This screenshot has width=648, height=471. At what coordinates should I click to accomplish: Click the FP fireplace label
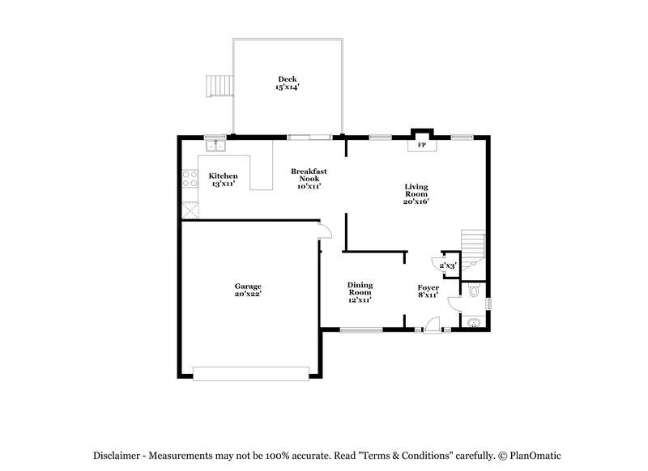[x=420, y=146]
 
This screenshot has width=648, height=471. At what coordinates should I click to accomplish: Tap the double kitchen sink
[x=215, y=146]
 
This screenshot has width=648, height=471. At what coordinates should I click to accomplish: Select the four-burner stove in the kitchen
[x=190, y=178]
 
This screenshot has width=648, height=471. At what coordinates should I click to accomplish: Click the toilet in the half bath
[x=475, y=290]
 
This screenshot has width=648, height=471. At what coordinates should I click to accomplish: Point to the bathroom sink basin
[x=474, y=323]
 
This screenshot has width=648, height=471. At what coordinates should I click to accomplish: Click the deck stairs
[x=220, y=83]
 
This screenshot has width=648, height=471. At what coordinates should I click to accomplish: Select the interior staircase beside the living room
[x=473, y=244]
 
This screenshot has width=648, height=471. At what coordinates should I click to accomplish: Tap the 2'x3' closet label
[x=448, y=265]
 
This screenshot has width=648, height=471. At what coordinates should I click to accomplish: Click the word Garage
[x=248, y=286]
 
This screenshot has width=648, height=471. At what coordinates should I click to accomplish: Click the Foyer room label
[x=428, y=288]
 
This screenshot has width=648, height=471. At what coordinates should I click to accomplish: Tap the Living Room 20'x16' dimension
[x=416, y=202]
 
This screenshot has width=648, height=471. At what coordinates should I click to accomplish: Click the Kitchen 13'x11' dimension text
[x=223, y=185]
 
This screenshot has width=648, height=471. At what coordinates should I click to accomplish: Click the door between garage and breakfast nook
[x=325, y=232]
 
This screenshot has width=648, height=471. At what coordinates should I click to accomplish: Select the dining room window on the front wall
[x=360, y=329]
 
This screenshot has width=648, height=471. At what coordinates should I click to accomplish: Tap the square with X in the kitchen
[x=190, y=208]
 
